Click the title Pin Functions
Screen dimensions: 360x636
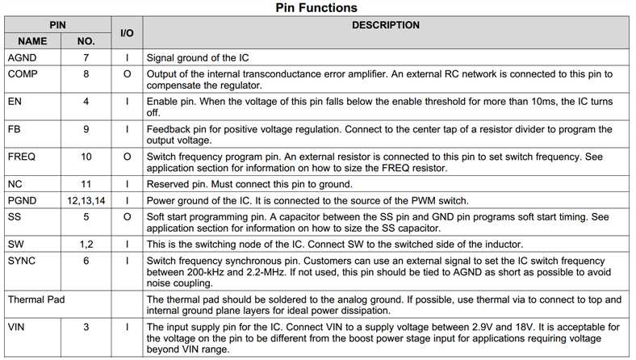click(317, 8)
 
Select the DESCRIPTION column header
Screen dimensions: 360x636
click(385, 25)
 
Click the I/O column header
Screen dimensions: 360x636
click(127, 32)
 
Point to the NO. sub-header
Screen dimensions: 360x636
click(86, 40)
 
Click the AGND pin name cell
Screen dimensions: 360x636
click(22, 58)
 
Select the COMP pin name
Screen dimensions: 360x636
click(23, 74)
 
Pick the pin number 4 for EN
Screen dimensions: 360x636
click(86, 102)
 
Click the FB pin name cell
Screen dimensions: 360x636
click(14, 129)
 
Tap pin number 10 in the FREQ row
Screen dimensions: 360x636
click(86, 157)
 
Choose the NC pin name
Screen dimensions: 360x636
click(15, 184)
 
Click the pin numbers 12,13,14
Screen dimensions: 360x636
click(86, 200)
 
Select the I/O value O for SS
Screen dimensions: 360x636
click(127, 216)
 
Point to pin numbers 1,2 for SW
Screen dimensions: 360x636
click(86, 244)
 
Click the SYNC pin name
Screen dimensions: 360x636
click(22, 260)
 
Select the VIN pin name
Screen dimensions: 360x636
click(17, 326)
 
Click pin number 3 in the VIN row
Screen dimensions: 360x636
click(86, 326)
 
